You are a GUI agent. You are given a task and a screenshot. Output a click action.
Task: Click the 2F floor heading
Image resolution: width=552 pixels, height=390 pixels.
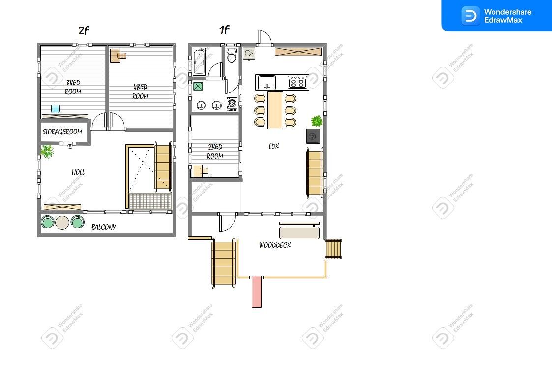pyautogui.click(x=84, y=30)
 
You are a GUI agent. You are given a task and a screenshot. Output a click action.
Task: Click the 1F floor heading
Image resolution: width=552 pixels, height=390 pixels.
pyautogui.click(x=224, y=29)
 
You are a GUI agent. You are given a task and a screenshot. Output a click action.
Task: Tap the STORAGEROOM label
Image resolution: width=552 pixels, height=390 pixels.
pyautogui.click(x=62, y=132)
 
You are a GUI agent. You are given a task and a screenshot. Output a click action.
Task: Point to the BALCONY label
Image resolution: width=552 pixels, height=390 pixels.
pyautogui.click(x=104, y=227)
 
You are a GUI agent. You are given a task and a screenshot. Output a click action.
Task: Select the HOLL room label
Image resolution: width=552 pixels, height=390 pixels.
pyautogui.click(x=78, y=172)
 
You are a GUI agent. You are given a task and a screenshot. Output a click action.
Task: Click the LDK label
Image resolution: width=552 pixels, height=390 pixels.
pyautogui.click(x=273, y=146)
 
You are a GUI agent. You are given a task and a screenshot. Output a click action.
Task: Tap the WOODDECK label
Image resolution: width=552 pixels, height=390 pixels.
pyautogui.click(x=275, y=245)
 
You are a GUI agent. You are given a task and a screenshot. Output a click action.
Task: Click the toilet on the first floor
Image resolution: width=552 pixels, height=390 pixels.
pyautogui.click(x=232, y=55)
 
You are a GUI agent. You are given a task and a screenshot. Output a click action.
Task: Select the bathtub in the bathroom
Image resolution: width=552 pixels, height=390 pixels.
pyautogui.click(x=199, y=61)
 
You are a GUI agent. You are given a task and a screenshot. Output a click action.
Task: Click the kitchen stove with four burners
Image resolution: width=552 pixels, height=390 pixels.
pyautogui.click(x=297, y=83)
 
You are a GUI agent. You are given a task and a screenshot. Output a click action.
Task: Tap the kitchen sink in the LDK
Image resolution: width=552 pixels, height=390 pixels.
pyautogui.click(x=267, y=83)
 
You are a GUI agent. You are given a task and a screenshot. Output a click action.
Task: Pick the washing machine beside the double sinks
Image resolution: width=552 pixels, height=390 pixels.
pyautogui.click(x=232, y=104)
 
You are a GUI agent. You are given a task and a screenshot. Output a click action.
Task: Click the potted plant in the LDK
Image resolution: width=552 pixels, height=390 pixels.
pyautogui.click(x=317, y=121)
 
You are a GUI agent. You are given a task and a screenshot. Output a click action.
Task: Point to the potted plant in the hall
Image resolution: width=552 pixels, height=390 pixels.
pyautogui.click(x=47, y=152)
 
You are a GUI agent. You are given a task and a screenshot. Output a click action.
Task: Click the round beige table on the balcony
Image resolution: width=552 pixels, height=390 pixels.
pyautogui.click(x=62, y=223)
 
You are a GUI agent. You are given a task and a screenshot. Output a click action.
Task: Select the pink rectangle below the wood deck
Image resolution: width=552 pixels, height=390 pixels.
pyautogui.click(x=257, y=292)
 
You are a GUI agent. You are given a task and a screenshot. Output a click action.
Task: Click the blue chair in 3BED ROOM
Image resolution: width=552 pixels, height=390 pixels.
pyautogui.click(x=56, y=109)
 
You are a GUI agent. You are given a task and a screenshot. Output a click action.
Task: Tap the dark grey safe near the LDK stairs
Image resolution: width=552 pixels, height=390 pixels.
pyautogui.click(x=313, y=136)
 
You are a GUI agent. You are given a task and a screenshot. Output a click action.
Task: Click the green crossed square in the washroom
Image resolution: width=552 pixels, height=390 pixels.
pyautogui.click(x=198, y=86)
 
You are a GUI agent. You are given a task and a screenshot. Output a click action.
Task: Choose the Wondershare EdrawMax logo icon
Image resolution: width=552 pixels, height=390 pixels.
pyautogui.click(x=470, y=16)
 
